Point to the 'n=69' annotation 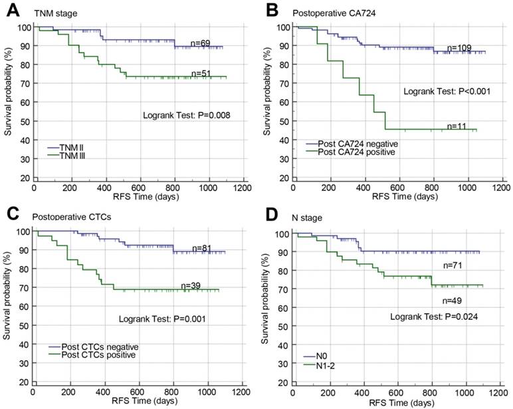(x=201, y=43)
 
